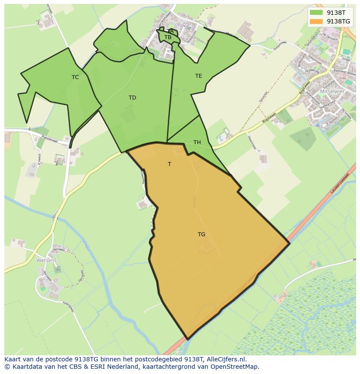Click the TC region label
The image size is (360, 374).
pyautogui.click(x=75, y=77)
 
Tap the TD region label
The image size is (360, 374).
pyautogui.click(x=132, y=98)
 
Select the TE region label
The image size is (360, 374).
pyautogui.click(x=198, y=76)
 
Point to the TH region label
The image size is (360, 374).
pyautogui.click(x=197, y=142)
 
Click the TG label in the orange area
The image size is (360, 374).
pyautogui.click(x=201, y=235)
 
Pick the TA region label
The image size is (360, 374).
pyautogui.click(x=170, y=31)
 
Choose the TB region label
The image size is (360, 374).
pyautogui.click(x=168, y=37)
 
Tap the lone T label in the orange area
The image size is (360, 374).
pyautogui.click(x=170, y=164)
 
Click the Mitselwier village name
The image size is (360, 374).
pyautogui.click(x=332, y=92)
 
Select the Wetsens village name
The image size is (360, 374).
pyautogui.click(x=47, y=261)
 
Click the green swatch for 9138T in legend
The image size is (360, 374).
pyautogui.click(x=317, y=13)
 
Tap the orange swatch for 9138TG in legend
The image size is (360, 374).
pyautogui.click(x=317, y=21)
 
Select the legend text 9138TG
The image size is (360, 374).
pyautogui.click(x=338, y=21)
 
